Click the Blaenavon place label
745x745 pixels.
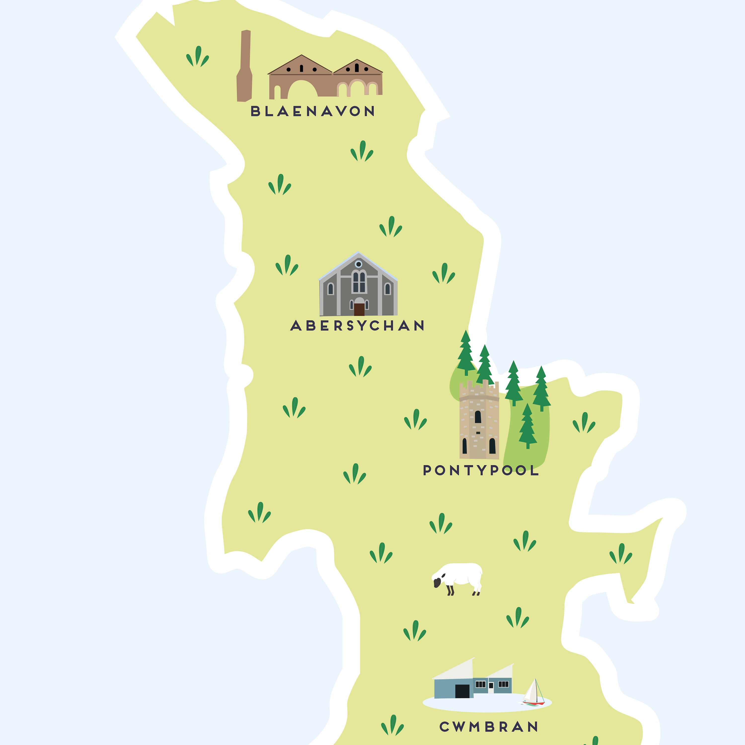tap(312, 112)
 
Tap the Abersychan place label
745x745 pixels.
tap(357, 326)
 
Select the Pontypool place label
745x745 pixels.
tap(481, 470)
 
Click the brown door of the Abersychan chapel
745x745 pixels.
tap(359, 309)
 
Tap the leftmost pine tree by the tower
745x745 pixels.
tap(466, 353)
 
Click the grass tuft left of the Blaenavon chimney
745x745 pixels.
tap(197, 57)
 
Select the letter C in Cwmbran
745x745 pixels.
tap(445, 727)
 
